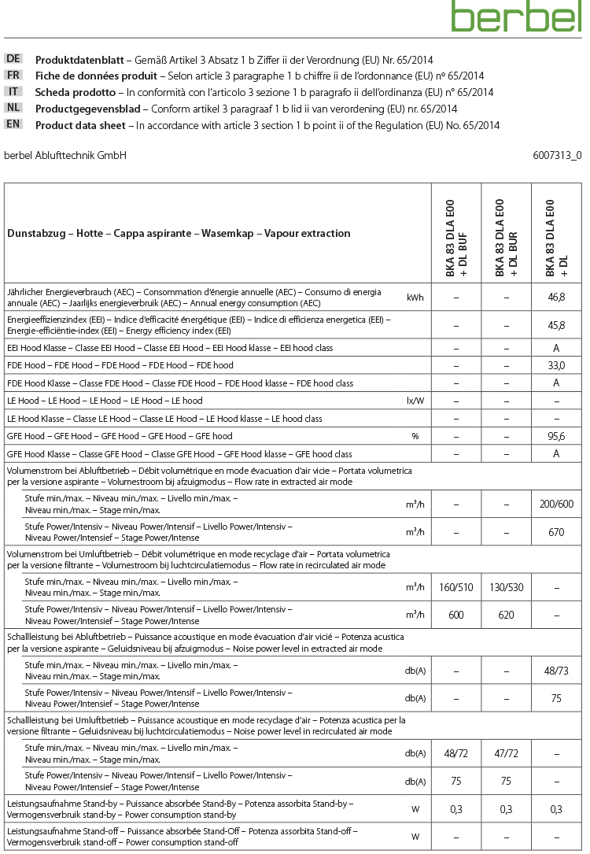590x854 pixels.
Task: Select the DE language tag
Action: pos(13,59)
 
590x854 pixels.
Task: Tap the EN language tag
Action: pos(13,124)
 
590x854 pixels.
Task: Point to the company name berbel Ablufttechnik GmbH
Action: pos(65,155)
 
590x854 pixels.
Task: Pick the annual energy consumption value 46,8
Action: pos(556,298)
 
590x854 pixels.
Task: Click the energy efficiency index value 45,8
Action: pos(556,323)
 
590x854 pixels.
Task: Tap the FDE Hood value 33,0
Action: pos(556,365)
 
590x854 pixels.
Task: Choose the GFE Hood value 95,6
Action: pos(556,436)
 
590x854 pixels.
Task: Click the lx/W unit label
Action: pos(415,401)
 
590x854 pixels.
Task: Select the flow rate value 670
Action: pos(556,532)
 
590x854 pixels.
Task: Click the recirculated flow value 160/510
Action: pos(456,587)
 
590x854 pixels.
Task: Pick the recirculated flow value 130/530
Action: pos(507,587)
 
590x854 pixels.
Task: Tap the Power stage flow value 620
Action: pos(507,616)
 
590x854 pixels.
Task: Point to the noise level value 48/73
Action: pos(556,671)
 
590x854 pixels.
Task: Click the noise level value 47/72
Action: pos(507,753)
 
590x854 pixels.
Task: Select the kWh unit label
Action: pos(415,298)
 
